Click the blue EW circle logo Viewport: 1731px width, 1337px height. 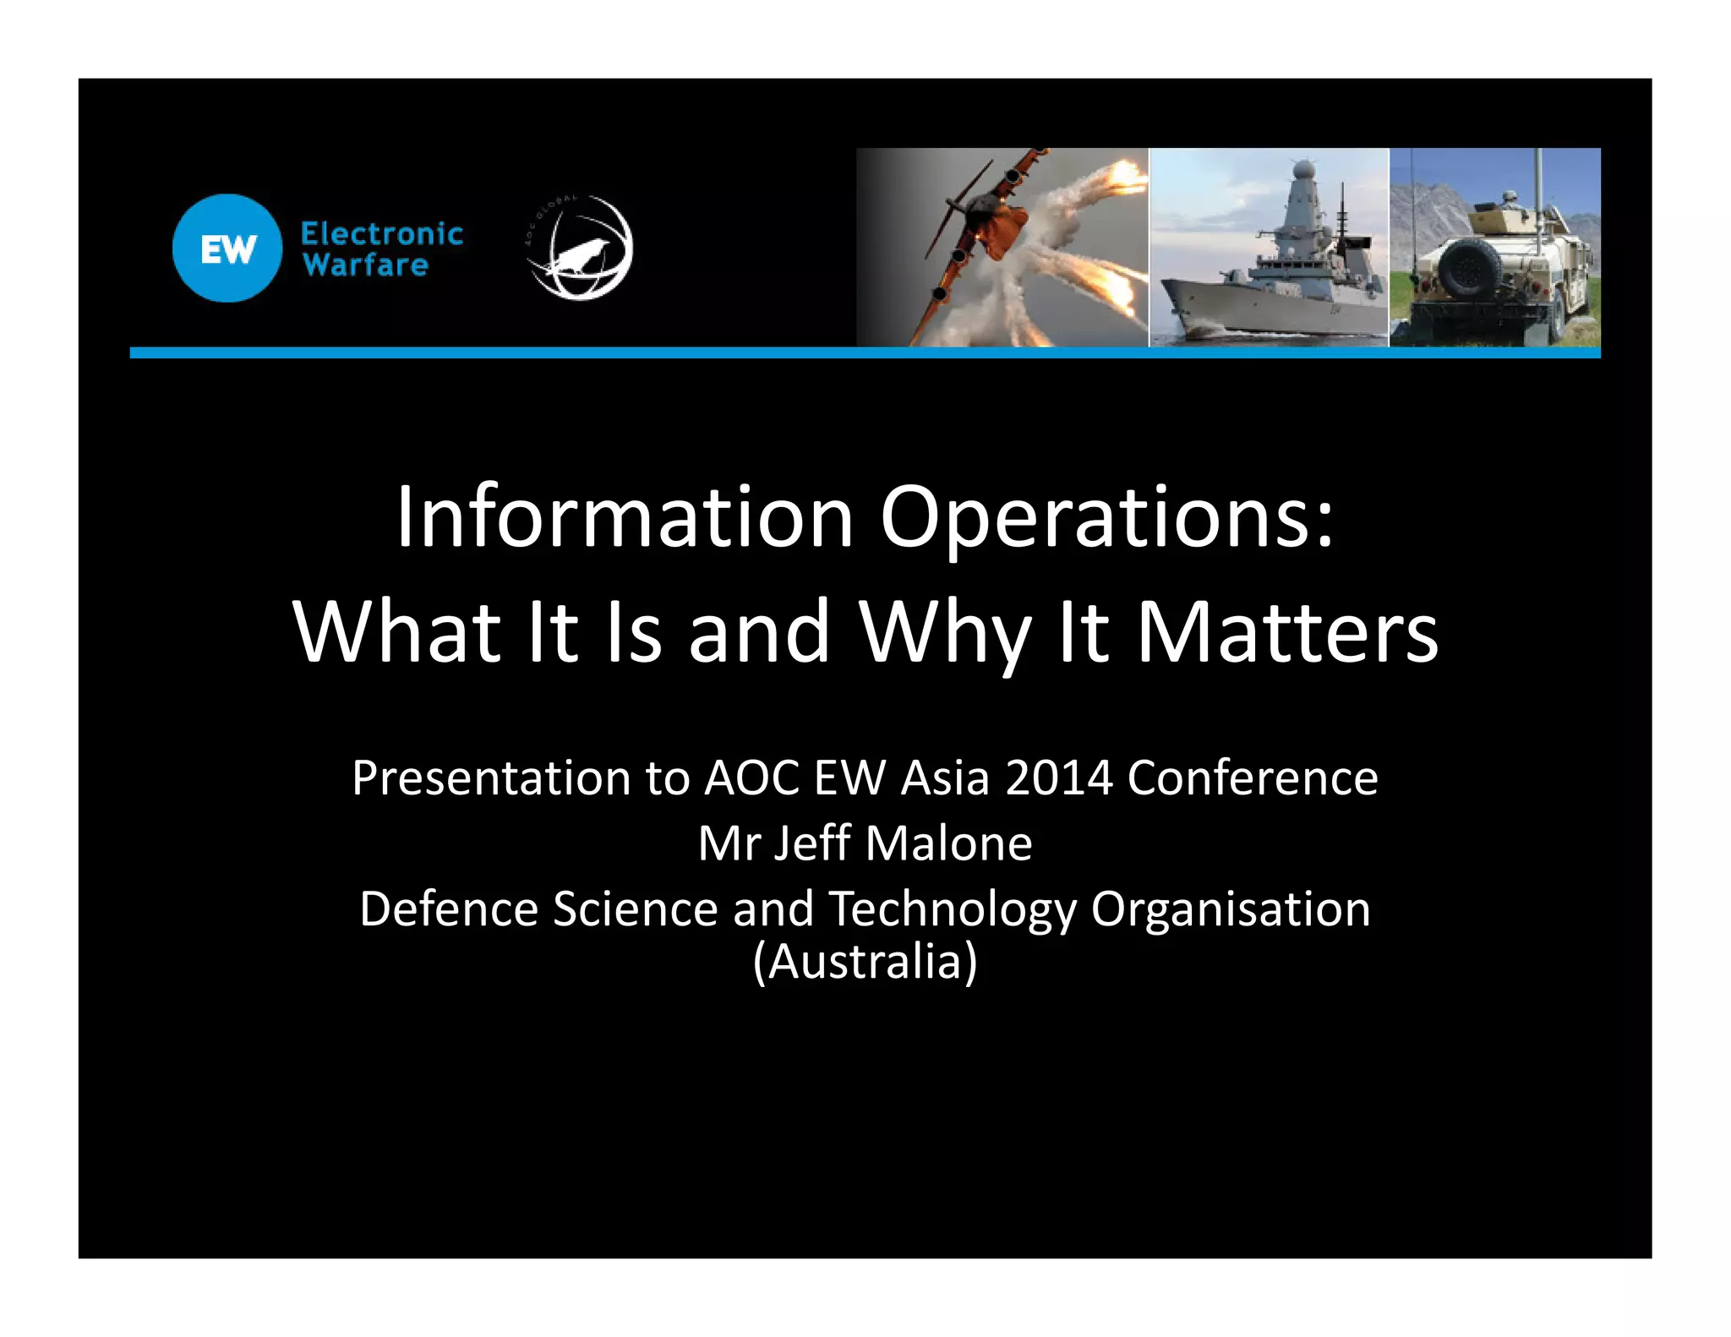pyautogui.click(x=227, y=248)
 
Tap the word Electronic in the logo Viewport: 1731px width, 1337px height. pyautogui.click(x=382, y=234)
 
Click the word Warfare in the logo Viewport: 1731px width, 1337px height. pyautogui.click(x=365, y=265)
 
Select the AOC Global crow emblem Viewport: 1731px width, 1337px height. pyautogui.click(x=580, y=248)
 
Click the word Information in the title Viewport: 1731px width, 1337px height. pyautogui.click(x=625, y=517)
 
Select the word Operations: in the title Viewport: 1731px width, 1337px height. pyautogui.click(x=1107, y=517)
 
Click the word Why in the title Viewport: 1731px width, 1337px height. pyautogui.click(x=946, y=632)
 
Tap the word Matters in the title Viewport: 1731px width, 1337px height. pyautogui.click(x=1286, y=632)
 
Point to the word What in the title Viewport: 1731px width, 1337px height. pyautogui.click(x=397, y=632)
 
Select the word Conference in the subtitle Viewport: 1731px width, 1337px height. pyautogui.click(x=1252, y=778)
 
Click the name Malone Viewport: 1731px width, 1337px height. pyautogui.click(x=948, y=843)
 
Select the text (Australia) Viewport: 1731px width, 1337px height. pyautogui.click(x=865, y=962)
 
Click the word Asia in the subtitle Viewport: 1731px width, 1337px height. pyautogui.click(x=945, y=778)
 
